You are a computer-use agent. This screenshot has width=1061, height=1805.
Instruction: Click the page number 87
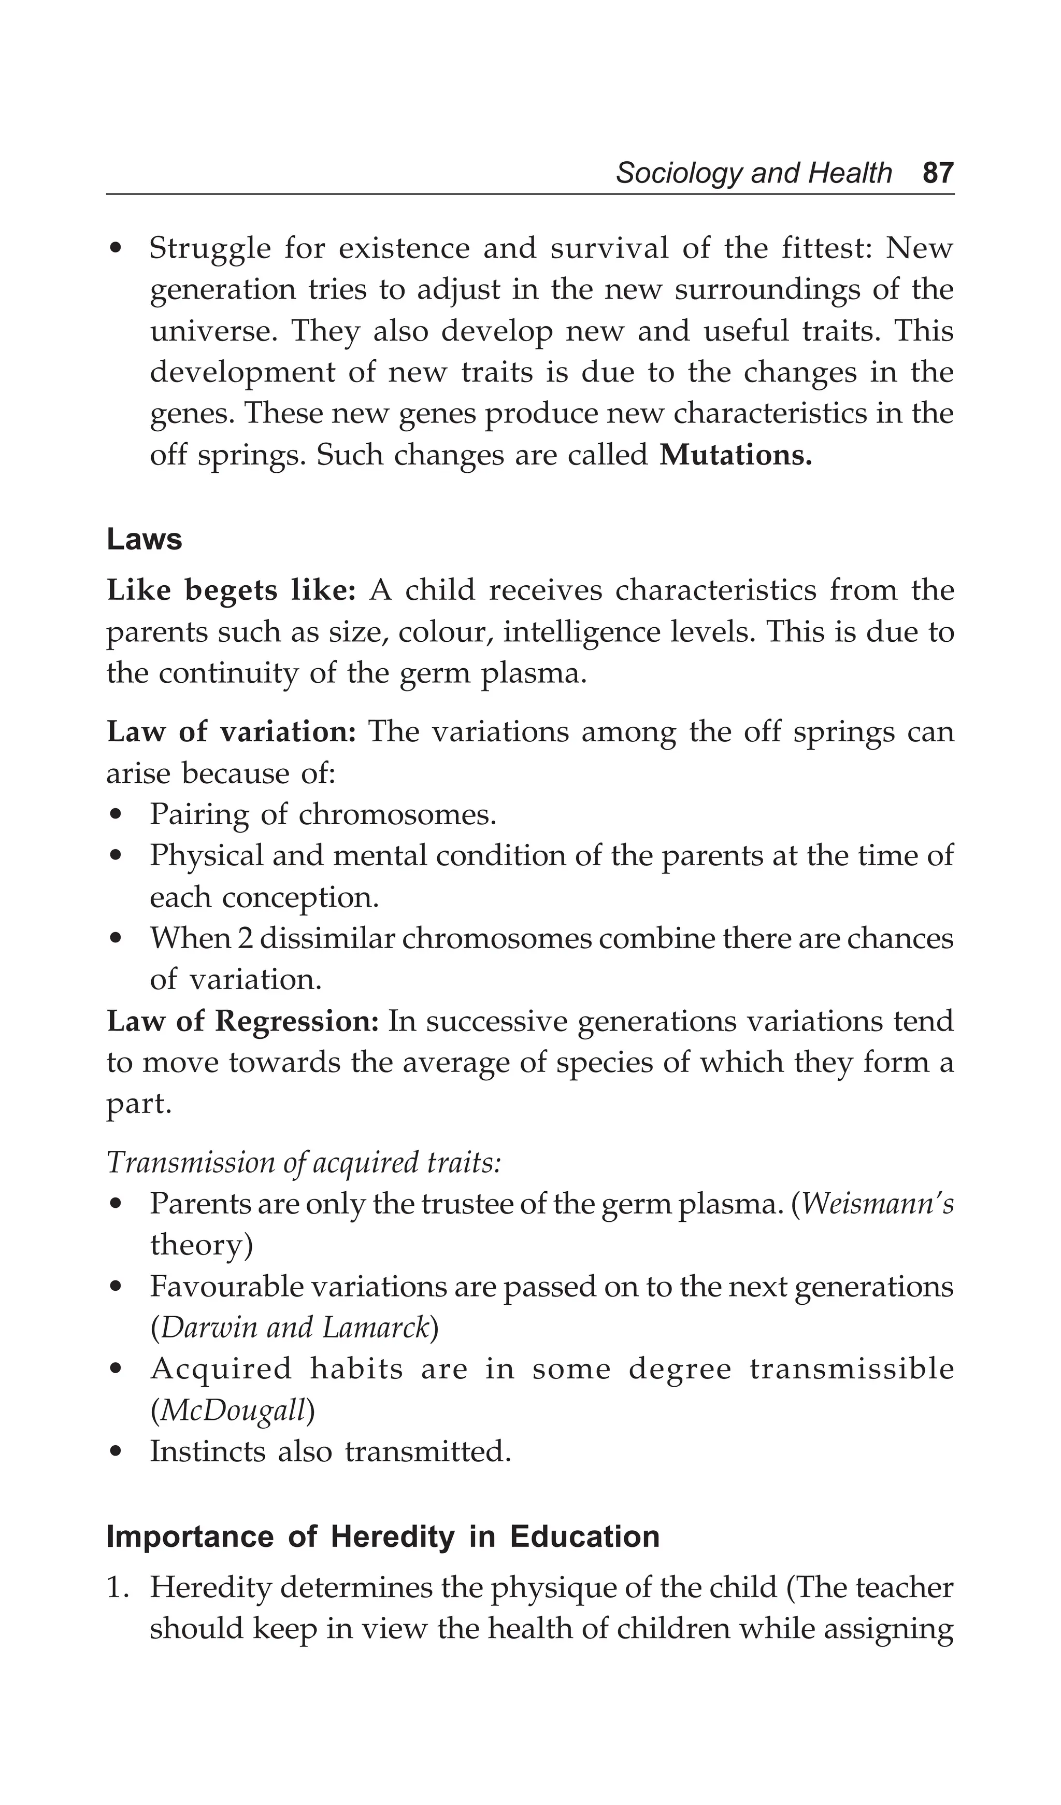click(x=938, y=173)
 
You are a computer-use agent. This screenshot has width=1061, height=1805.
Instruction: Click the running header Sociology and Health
click(x=754, y=173)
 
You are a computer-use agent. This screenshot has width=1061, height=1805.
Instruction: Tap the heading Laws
click(x=145, y=539)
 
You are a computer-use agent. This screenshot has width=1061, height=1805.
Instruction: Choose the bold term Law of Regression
click(x=242, y=1021)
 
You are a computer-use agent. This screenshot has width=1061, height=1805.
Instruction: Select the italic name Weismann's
click(x=878, y=1204)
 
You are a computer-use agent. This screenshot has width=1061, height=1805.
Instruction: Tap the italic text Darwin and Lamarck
click(x=294, y=1328)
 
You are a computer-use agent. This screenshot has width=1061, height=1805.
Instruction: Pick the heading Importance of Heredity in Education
click(x=383, y=1537)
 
